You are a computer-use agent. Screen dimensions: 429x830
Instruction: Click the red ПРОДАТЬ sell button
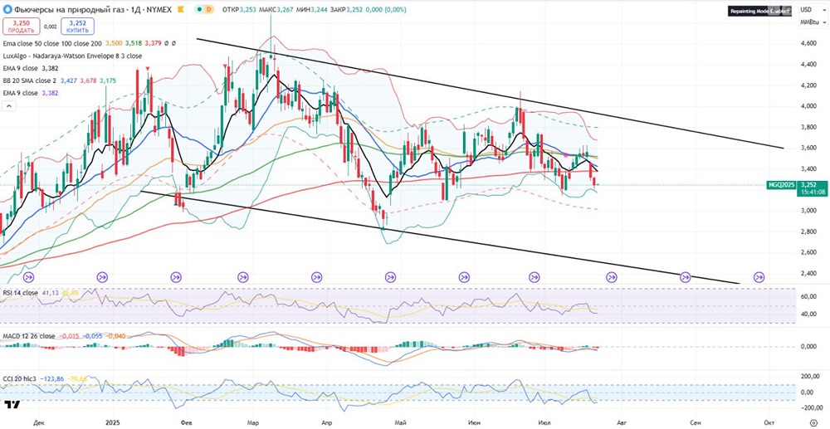point(22,27)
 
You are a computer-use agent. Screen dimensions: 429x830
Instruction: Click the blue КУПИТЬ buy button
point(77,27)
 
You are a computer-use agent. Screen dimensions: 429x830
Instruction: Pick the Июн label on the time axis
point(474,422)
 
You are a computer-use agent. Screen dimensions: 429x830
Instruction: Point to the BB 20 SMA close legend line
point(33,80)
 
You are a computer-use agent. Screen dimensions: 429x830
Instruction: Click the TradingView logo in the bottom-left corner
point(12,406)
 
